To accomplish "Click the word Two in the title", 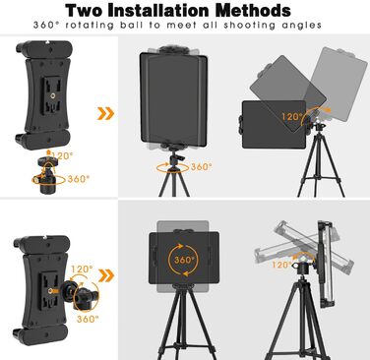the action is point(84,11).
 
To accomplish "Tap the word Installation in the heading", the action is point(158,11).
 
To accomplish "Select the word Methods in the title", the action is point(253,11).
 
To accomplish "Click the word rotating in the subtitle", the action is point(90,26).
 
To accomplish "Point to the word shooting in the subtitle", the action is point(249,26).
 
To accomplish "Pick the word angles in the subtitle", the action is point(301,26).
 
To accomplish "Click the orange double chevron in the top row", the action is point(106,113).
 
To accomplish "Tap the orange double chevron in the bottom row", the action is point(106,275).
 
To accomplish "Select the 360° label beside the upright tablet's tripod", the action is point(201,166).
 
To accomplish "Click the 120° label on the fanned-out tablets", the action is point(292,116).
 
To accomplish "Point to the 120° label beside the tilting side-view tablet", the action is point(281,265).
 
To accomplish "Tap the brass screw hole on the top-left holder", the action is point(52,95).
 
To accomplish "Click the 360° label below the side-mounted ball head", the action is point(88,319).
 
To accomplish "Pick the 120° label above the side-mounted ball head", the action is point(82,270).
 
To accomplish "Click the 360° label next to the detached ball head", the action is point(79,179).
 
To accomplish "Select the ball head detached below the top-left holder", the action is point(45,175).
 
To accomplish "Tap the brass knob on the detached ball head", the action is point(34,180).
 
